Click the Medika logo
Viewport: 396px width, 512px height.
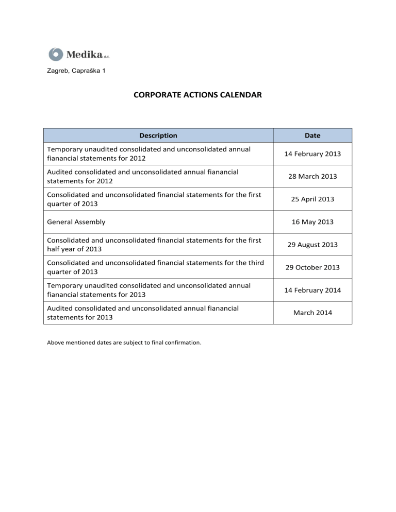point(79,54)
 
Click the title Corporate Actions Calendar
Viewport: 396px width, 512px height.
point(197,95)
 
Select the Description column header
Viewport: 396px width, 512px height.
point(158,135)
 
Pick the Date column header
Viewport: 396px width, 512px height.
point(312,135)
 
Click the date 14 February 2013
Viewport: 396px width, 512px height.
point(312,154)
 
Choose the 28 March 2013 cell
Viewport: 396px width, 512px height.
point(312,176)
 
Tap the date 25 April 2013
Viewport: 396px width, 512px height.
point(312,199)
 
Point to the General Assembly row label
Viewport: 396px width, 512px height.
point(76,222)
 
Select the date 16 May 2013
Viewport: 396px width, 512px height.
point(312,222)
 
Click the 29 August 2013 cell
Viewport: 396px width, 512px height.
point(312,245)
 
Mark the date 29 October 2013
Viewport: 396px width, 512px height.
point(312,267)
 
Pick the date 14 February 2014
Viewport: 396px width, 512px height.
point(312,290)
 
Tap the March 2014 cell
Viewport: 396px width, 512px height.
point(312,313)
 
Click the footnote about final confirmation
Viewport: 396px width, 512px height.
point(123,341)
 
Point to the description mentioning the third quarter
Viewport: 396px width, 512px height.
point(155,267)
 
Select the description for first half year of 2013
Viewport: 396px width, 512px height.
point(155,245)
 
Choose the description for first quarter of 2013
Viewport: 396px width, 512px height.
point(155,199)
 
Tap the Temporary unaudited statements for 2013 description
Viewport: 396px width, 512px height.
point(149,290)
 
